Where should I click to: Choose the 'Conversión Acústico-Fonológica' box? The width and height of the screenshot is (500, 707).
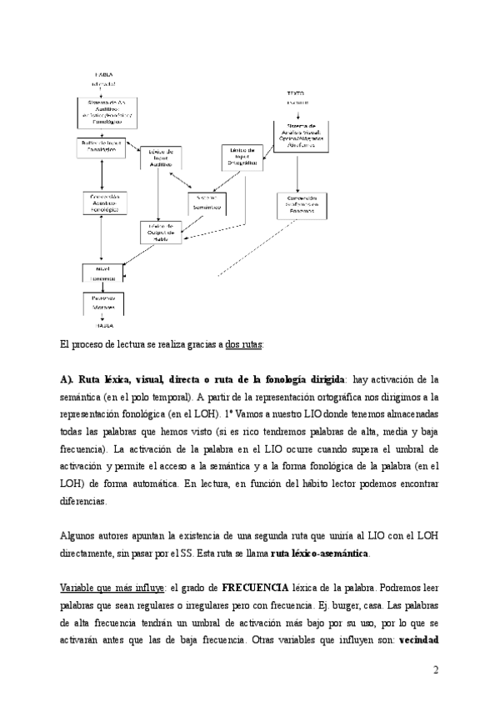[x=102, y=204]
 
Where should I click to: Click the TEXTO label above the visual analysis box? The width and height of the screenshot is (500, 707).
[x=297, y=93]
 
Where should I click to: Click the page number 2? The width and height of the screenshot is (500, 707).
[x=435, y=670]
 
